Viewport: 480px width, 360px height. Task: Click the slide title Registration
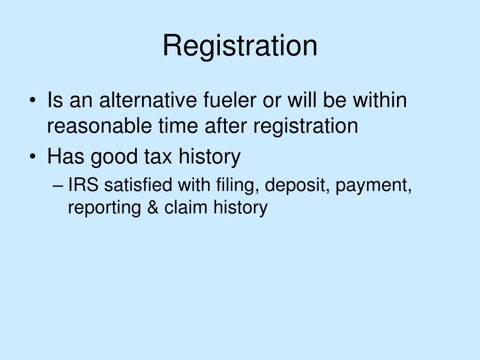(240, 46)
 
